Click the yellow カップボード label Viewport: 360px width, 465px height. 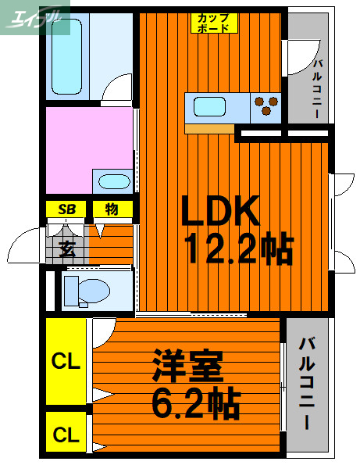pyautogui.click(x=213, y=22)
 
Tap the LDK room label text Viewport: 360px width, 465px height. pyautogui.click(x=219, y=211)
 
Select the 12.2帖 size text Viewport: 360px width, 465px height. pyautogui.click(x=238, y=250)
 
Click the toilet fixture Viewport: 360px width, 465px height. pyautogui.click(x=85, y=291)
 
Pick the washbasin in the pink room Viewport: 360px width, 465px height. pyautogui.click(x=114, y=182)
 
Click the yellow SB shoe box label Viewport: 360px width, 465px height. pyautogui.click(x=66, y=209)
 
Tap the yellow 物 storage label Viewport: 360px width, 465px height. pyautogui.click(x=112, y=209)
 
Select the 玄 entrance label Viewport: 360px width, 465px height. pyautogui.click(x=66, y=250)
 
